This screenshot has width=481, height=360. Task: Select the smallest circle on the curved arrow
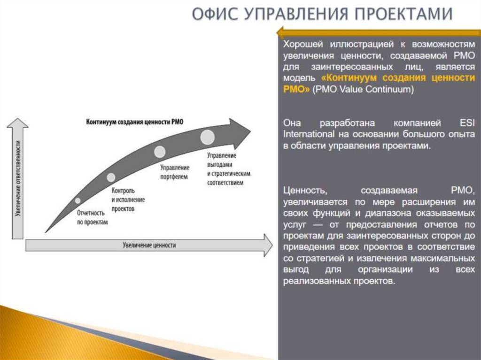coord(78,200)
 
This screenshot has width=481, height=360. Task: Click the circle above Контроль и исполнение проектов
coord(111,177)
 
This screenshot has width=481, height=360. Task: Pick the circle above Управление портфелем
coord(160,152)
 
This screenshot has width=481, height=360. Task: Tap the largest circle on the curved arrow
coord(207,137)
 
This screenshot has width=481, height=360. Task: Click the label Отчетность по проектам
coord(92,217)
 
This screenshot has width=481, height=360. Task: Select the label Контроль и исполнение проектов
coord(128,199)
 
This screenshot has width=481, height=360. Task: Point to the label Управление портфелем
coord(174,172)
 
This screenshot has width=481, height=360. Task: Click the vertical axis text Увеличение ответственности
coord(17,178)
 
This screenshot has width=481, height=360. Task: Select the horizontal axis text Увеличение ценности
coord(149,245)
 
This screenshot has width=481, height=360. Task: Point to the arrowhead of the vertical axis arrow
coord(17,123)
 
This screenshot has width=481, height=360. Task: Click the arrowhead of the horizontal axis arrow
coord(267,245)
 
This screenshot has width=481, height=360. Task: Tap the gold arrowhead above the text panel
coord(281,32)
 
